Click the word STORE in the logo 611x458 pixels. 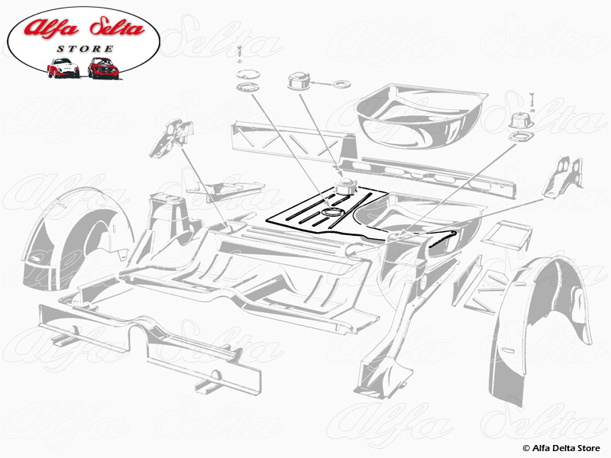(85, 49)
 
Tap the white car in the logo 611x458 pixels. (63, 68)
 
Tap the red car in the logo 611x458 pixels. (103, 68)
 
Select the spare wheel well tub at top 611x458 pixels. (421, 116)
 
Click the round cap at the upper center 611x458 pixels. (299, 80)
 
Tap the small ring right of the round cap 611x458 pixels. (341, 84)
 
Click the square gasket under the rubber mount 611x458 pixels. (519, 137)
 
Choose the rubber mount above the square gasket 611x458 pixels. (522, 121)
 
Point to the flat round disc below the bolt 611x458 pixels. (247, 75)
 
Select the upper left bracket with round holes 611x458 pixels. (171, 139)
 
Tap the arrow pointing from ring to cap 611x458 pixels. (322, 83)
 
